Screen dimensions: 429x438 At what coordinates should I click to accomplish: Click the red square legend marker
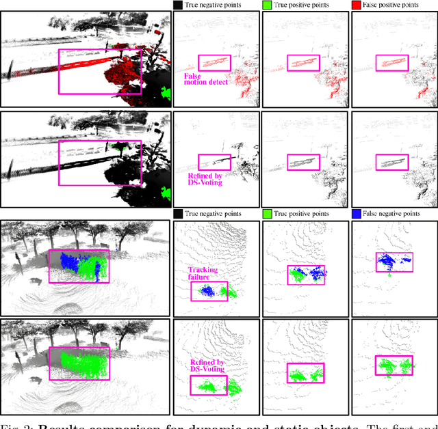(x=355, y=5)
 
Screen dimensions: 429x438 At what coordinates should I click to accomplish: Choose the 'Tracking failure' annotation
(x=203, y=274)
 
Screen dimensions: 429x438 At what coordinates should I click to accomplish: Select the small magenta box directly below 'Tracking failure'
(x=209, y=290)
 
